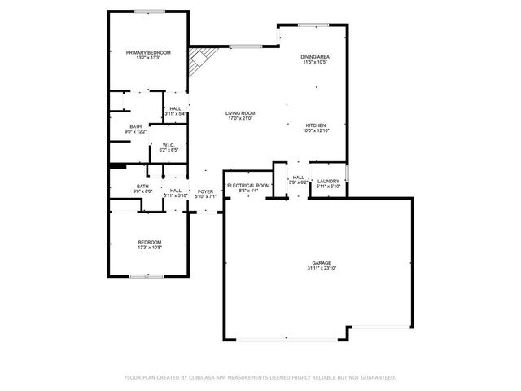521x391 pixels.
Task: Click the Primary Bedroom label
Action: pos(147,53)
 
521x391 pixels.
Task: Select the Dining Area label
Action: pos(315,56)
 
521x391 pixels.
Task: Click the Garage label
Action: pos(322,262)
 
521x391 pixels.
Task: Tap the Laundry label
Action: pos(328,181)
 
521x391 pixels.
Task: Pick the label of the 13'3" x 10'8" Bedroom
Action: pos(149,242)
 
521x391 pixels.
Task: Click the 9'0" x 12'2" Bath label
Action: pos(135,126)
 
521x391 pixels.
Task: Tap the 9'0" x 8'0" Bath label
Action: pos(142,187)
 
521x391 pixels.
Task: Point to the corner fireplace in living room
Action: pos(200,63)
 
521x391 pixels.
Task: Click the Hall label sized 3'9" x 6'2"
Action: pos(299,177)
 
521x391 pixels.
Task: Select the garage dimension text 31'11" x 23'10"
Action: pos(322,267)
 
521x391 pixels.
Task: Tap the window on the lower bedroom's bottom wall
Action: pos(146,275)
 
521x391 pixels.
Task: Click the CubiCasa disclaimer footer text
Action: pos(260,377)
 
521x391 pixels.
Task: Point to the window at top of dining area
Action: pos(307,24)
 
